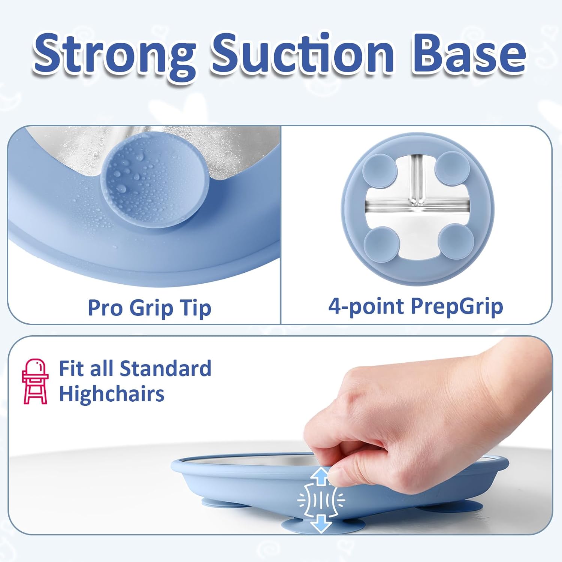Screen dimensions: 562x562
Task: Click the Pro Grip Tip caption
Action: point(149,308)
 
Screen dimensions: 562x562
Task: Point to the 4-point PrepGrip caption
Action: point(416,306)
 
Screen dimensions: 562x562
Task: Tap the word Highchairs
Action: point(112,394)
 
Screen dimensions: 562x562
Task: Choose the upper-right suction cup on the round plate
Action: point(452,168)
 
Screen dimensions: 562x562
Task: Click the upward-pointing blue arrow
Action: point(321,476)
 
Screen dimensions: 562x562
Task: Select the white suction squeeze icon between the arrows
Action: point(321,499)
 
